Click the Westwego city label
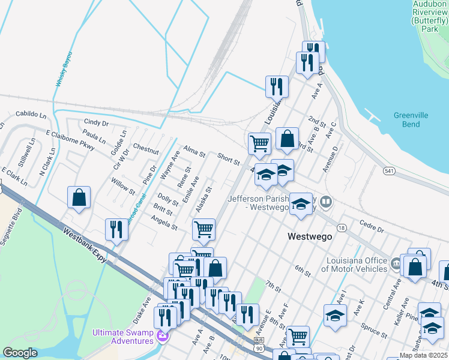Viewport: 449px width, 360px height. pos(310,236)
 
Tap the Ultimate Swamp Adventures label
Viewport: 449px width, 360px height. pos(122,337)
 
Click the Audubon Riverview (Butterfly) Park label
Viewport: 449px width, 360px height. pos(430,16)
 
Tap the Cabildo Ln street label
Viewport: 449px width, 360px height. pos(31,113)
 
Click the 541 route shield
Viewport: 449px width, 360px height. pos(390,171)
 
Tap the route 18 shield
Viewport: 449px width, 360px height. pos(342,228)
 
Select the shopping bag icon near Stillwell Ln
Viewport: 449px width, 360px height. pos(79,197)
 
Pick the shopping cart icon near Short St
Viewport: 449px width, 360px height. pos(259,143)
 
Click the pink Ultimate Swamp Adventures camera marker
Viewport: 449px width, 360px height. pos(160,335)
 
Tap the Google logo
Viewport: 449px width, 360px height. pos(20,353)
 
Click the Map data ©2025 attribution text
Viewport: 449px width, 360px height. pos(424,356)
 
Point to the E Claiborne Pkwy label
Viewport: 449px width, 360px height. pos(71,139)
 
